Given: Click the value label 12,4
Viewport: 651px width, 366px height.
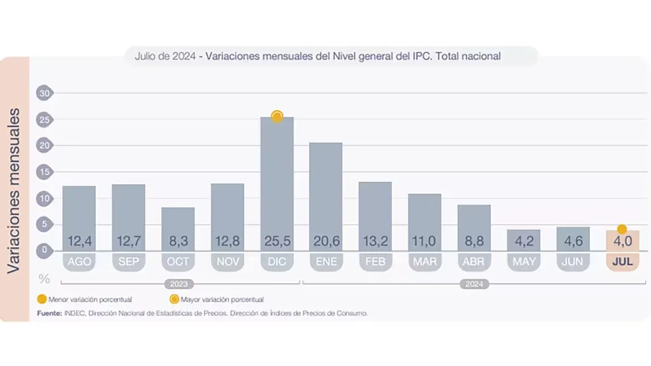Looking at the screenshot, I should (x=79, y=241).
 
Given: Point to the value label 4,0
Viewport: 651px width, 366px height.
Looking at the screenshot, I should (x=622, y=241).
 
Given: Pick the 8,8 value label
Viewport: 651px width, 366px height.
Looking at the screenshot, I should (x=474, y=241).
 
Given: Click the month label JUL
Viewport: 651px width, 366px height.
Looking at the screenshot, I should (x=622, y=262).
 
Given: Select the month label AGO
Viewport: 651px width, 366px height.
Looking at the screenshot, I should (x=79, y=262).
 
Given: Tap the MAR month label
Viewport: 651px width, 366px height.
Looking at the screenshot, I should (x=425, y=262).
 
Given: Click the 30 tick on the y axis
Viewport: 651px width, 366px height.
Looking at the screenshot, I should (x=45, y=93).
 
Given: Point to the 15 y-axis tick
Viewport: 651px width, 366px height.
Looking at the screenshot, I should (x=45, y=172).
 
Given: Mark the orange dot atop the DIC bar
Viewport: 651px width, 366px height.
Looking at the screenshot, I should (x=277, y=117).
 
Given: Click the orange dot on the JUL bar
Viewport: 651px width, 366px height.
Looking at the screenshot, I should (x=622, y=230).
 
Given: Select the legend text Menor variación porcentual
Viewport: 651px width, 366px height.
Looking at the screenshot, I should (x=91, y=300).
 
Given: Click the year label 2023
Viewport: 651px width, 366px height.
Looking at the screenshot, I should (x=178, y=284).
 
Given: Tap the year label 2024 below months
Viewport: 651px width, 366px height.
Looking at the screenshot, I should (x=474, y=284).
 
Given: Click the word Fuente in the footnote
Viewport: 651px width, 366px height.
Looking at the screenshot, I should (x=50, y=314).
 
